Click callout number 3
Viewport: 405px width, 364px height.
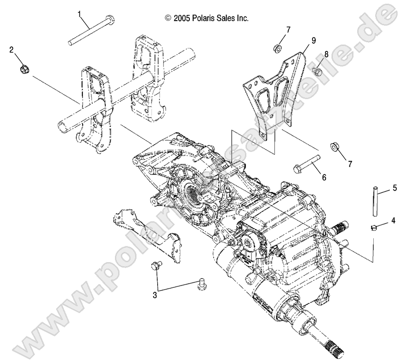click(x=155, y=295)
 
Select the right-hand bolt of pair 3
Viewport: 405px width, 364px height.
click(x=200, y=284)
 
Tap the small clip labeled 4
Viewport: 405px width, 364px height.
click(x=374, y=226)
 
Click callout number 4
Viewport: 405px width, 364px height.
click(x=393, y=221)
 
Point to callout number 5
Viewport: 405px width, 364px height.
click(x=394, y=188)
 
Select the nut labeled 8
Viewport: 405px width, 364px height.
click(x=316, y=71)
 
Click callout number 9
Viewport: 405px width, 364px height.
click(x=313, y=40)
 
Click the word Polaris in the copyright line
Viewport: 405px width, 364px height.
click(x=204, y=18)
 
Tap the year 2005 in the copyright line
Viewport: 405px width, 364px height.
click(x=182, y=18)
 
